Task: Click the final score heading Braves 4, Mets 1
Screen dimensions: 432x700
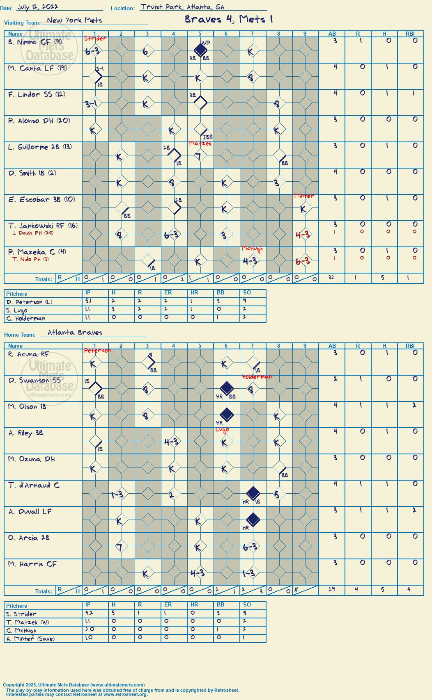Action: tap(228, 19)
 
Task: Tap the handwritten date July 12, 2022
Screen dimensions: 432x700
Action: tap(37, 7)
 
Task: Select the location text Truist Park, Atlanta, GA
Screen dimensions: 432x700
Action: tap(182, 7)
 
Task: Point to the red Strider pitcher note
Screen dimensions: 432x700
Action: tap(95, 39)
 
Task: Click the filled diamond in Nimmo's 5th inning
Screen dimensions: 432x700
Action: tap(200, 50)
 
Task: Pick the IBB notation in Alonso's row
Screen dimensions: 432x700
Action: tap(207, 137)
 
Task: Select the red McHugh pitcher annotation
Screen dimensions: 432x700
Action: tap(252, 249)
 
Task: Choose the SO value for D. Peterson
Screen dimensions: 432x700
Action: tap(244, 301)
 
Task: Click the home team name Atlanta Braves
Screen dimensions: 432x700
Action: tap(75, 333)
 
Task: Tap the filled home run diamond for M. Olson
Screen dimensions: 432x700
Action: tap(227, 414)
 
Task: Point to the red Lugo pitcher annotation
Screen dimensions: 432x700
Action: tap(222, 430)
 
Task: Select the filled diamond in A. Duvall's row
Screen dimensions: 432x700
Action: tap(253, 520)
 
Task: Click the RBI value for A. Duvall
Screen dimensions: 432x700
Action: tap(414, 510)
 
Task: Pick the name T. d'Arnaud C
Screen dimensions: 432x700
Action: tap(34, 485)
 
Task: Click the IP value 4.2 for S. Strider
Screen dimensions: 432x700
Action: tap(89, 613)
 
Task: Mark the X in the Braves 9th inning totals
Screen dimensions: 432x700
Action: tap(296, 589)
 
